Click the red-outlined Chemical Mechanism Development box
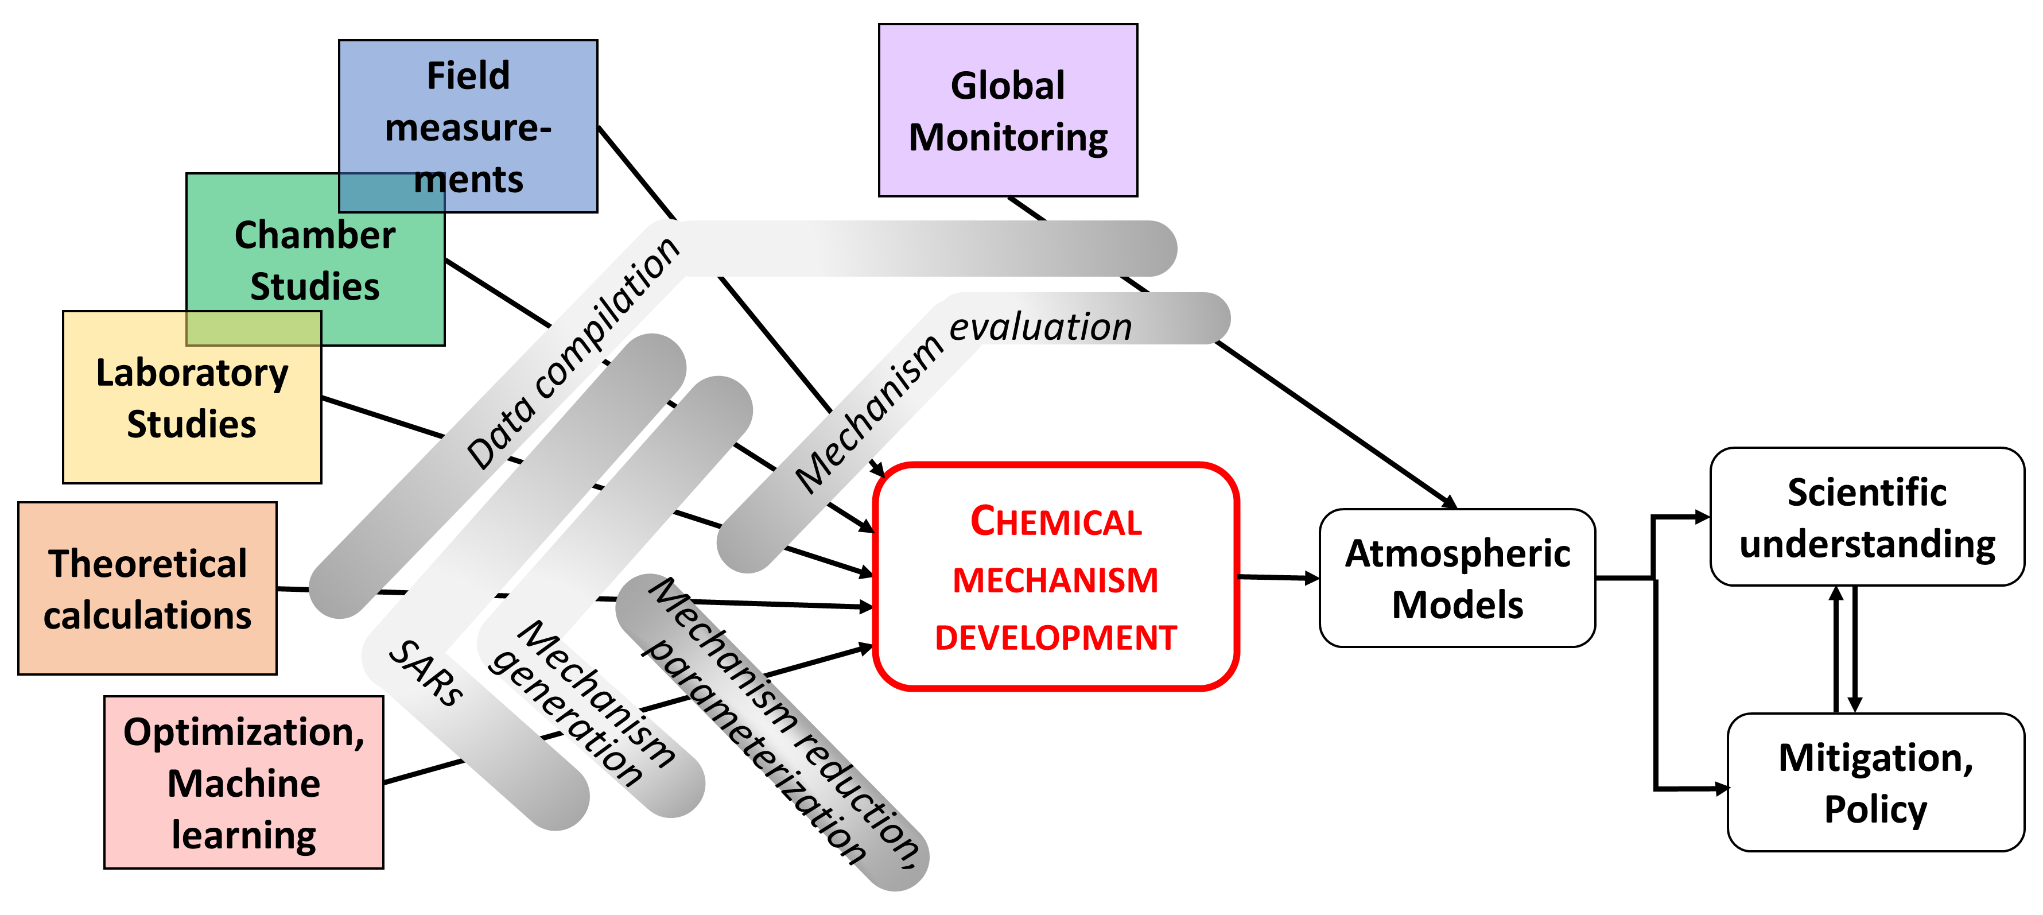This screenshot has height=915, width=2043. [x=1055, y=577]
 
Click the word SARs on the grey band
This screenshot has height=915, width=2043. [x=427, y=673]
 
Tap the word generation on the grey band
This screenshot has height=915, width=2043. [x=566, y=718]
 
